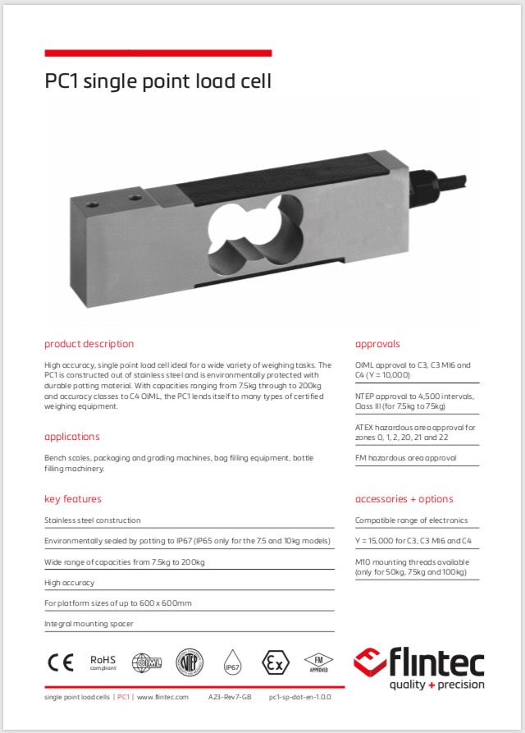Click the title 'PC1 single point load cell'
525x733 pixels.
pyautogui.click(x=157, y=81)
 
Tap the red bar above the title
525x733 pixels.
pyautogui.click(x=157, y=53)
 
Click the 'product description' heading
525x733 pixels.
pyautogui.click(x=89, y=344)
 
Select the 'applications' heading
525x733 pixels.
pyautogui.click(x=72, y=437)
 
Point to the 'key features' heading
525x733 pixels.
pyautogui.click(x=73, y=499)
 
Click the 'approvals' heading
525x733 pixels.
pyautogui.click(x=377, y=344)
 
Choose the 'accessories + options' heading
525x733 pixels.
pyautogui.click(x=404, y=499)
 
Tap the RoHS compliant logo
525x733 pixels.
pyautogui.click(x=103, y=662)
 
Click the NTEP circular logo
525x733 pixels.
pyautogui.click(x=190, y=662)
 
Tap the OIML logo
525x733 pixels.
pyautogui.click(x=148, y=662)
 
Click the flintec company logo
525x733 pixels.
pyautogui.click(x=419, y=669)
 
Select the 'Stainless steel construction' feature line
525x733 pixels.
pyautogui.click(x=93, y=520)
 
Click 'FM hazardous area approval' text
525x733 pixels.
pyautogui.click(x=405, y=458)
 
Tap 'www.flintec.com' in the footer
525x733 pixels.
pyautogui.click(x=162, y=697)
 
